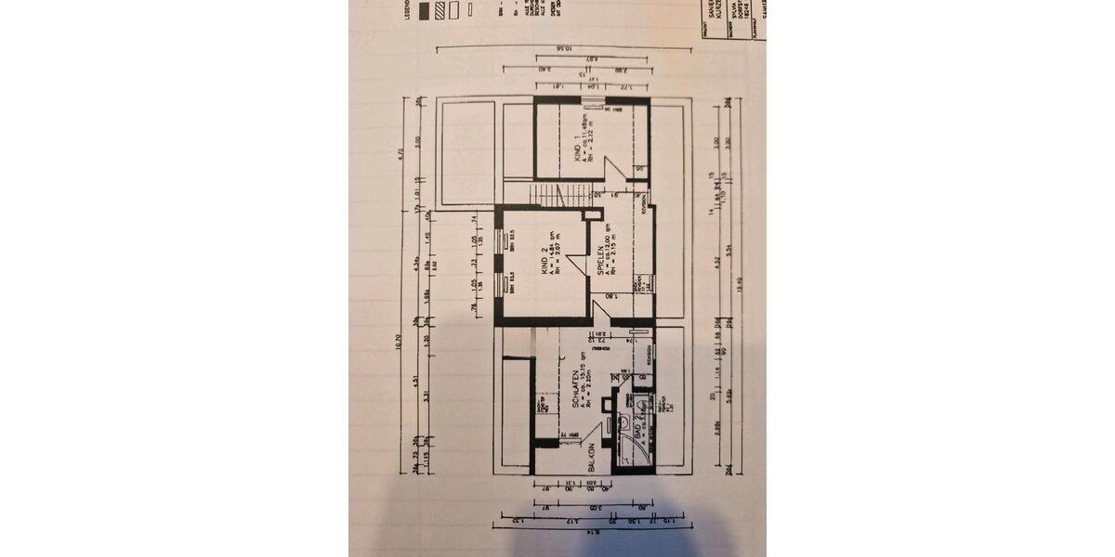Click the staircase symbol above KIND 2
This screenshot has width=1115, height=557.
pyautogui.click(x=549, y=196)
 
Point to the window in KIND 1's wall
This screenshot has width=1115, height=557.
pyautogui.click(x=592, y=98)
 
